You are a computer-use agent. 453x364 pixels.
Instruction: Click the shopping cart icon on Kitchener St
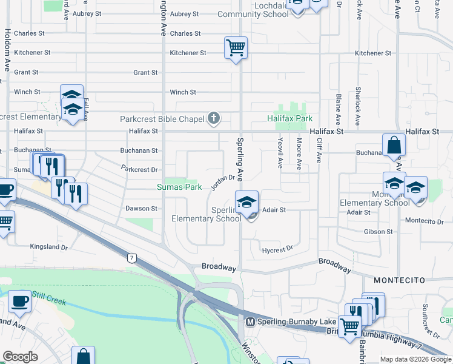(x=235, y=47)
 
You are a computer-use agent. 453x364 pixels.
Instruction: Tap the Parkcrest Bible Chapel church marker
(x=213, y=119)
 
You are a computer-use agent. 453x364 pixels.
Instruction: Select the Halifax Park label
(x=290, y=118)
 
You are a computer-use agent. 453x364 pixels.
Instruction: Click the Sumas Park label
(x=180, y=187)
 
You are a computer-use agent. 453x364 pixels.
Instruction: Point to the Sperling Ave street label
(x=239, y=159)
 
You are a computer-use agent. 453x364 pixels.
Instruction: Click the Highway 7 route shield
(x=131, y=258)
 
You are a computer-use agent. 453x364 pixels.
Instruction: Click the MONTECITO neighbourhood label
(x=397, y=280)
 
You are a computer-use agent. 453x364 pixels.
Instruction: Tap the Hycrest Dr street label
(x=277, y=249)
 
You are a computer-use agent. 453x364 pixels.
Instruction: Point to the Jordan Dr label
(x=222, y=181)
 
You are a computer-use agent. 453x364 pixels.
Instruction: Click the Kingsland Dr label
(x=49, y=246)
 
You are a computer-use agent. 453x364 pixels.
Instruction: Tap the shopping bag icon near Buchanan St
(x=394, y=146)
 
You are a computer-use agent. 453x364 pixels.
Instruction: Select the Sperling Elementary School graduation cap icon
(x=247, y=202)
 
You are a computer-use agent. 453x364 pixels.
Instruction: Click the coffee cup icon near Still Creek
(x=20, y=302)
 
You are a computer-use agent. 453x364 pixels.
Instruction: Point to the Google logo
(x=21, y=357)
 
